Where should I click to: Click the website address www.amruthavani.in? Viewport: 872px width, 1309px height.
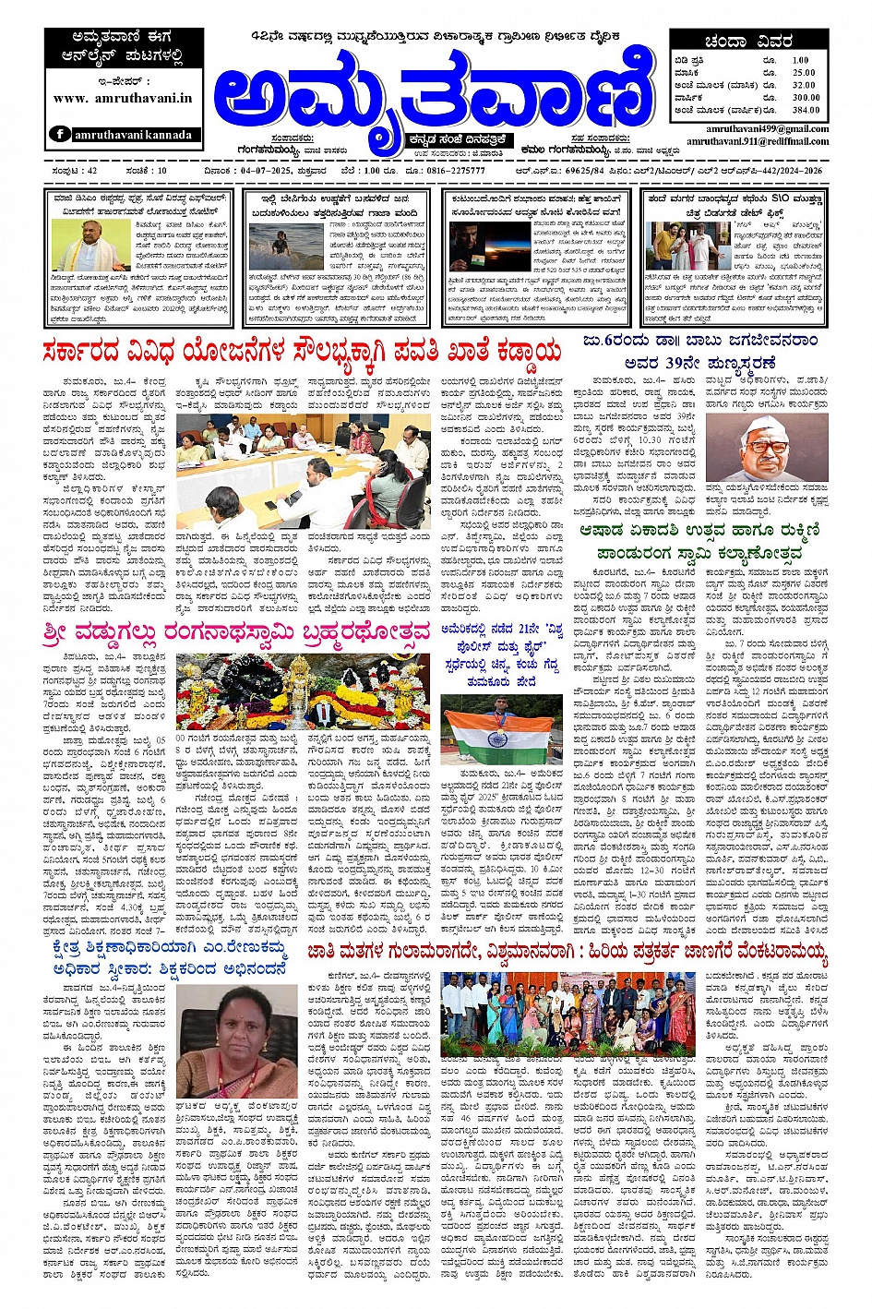pyautogui.click(x=123, y=98)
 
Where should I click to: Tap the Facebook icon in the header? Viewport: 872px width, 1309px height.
pyautogui.click(x=60, y=134)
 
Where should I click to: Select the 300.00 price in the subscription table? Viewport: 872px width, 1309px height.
pyautogui.click(x=805, y=97)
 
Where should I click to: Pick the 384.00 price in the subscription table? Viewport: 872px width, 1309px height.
pyautogui.click(x=805, y=110)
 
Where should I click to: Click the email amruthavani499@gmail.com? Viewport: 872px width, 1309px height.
pyautogui.click(x=768, y=129)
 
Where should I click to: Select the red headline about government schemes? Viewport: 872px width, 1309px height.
pyautogui.click(x=301, y=352)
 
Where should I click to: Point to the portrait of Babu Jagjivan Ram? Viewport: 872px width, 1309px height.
pyautogui.click(x=766, y=447)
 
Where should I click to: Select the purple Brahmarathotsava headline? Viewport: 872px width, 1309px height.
pyautogui.click(x=236, y=631)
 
